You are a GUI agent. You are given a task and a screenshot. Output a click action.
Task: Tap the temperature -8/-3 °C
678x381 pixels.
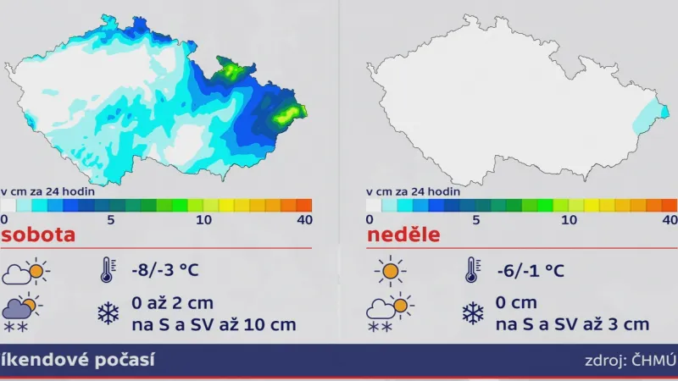coord(164,271)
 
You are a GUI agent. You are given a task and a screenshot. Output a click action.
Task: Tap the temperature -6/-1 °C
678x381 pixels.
coord(531,271)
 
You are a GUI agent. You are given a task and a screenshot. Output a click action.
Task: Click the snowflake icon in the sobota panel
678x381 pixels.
coord(108,314)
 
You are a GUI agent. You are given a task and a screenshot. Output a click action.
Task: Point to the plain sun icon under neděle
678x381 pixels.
coord(391,271)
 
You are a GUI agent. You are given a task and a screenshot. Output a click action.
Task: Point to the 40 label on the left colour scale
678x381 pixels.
coord(304,219)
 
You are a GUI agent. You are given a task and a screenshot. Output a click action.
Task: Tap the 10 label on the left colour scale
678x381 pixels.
coord(204,219)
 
